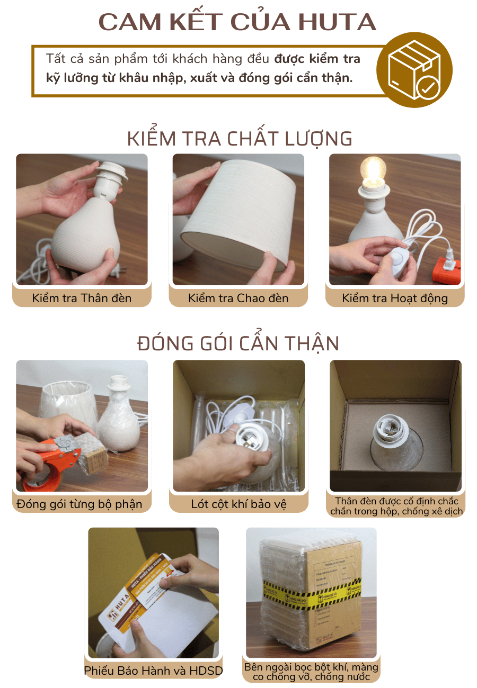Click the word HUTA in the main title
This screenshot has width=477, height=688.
click(x=337, y=22)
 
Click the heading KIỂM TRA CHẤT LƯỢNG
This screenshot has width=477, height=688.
click(x=240, y=138)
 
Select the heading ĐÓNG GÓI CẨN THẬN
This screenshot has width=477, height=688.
click(x=238, y=343)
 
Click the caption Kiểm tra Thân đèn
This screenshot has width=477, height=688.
click(x=82, y=298)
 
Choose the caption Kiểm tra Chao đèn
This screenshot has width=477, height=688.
click(x=238, y=298)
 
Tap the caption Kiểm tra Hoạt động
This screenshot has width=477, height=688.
click(x=395, y=298)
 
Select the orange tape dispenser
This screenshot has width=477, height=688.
click(x=50, y=458)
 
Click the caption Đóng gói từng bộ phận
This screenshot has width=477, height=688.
click(x=79, y=504)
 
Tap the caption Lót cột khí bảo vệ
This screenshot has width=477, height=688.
click(x=238, y=504)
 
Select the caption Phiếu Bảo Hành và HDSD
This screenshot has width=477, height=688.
click(x=153, y=671)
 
